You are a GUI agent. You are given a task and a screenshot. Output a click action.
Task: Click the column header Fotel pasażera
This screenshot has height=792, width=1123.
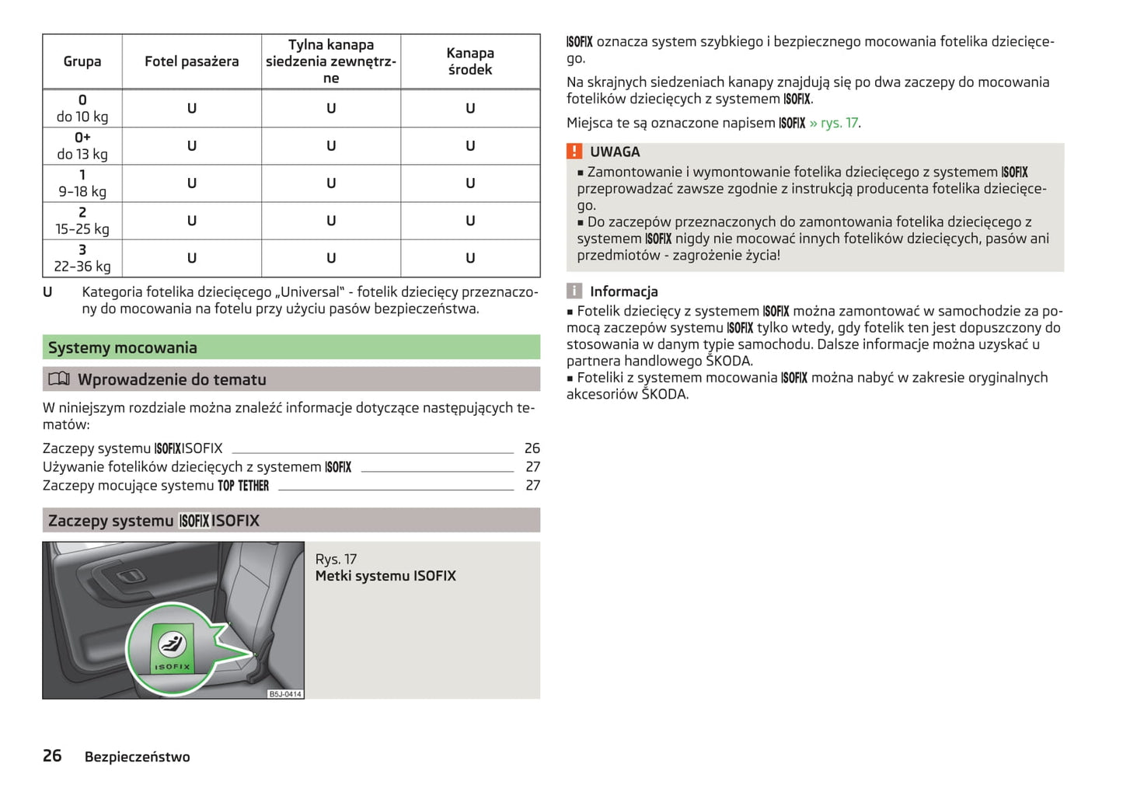coord(191,61)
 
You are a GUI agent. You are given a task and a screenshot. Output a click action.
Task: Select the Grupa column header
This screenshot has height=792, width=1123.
coord(82,61)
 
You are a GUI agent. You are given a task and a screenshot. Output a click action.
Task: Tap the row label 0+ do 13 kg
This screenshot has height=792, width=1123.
coord(82,146)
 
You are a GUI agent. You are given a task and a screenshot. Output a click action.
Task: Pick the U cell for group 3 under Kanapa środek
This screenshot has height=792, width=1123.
coord(470,258)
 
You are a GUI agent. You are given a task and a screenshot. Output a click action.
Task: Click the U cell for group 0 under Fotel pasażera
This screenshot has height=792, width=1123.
coord(191,109)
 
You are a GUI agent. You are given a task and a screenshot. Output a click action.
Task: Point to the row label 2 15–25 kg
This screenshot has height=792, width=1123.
coord(82,221)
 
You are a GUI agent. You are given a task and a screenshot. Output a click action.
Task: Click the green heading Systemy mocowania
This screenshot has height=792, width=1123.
coord(123,347)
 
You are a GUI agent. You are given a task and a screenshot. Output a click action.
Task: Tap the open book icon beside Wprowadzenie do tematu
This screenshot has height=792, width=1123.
coord(59,379)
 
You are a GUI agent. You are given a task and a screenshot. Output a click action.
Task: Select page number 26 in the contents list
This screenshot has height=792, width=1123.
coord(532,448)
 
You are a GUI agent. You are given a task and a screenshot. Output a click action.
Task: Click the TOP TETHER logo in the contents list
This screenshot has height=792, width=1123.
coord(243,486)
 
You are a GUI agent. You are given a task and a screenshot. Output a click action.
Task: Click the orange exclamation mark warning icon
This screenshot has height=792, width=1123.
coord(574,152)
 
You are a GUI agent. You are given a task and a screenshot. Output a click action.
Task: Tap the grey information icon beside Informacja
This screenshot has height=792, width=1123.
coord(574,291)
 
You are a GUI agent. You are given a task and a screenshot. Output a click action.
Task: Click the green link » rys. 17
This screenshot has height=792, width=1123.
coord(834,123)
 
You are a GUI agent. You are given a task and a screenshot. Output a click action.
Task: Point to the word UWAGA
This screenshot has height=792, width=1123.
coord(615,152)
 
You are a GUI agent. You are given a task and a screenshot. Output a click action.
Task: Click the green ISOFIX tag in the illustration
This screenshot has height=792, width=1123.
coord(172,648)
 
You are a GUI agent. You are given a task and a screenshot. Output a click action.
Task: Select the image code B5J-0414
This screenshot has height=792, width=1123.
coord(285,694)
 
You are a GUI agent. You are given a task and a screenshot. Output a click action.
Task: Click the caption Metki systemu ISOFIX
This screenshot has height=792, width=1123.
coord(385,576)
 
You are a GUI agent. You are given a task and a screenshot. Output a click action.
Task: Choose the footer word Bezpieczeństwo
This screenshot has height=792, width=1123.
coord(137,757)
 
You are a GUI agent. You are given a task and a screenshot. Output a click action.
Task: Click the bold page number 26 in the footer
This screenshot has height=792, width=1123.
coord(52,755)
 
